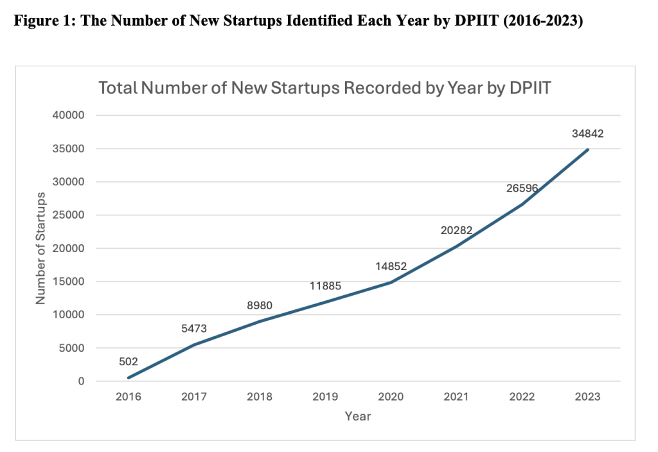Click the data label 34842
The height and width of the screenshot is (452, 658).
pyautogui.click(x=587, y=134)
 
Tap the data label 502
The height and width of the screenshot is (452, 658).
pyautogui.click(x=129, y=361)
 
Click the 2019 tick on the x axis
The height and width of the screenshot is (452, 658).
pyautogui.click(x=325, y=397)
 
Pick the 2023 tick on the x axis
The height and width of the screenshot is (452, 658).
pyautogui.click(x=587, y=397)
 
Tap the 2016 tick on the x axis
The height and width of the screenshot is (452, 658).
pyautogui.click(x=129, y=397)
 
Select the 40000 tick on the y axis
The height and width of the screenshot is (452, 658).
pyautogui.click(x=72, y=116)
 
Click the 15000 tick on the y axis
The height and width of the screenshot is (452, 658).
pyautogui.click(x=72, y=282)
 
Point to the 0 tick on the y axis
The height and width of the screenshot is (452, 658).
pyautogui.click(x=82, y=381)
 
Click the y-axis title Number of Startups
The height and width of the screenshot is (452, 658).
pyautogui.click(x=40, y=248)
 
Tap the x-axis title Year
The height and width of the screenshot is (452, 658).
pyautogui.click(x=358, y=417)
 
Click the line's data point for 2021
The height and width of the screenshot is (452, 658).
pyautogui.click(x=456, y=246)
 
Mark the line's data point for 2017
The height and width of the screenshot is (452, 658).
pyautogui.click(x=194, y=345)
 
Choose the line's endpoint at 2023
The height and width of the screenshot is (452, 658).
pyautogui.click(x=587, y=149)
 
